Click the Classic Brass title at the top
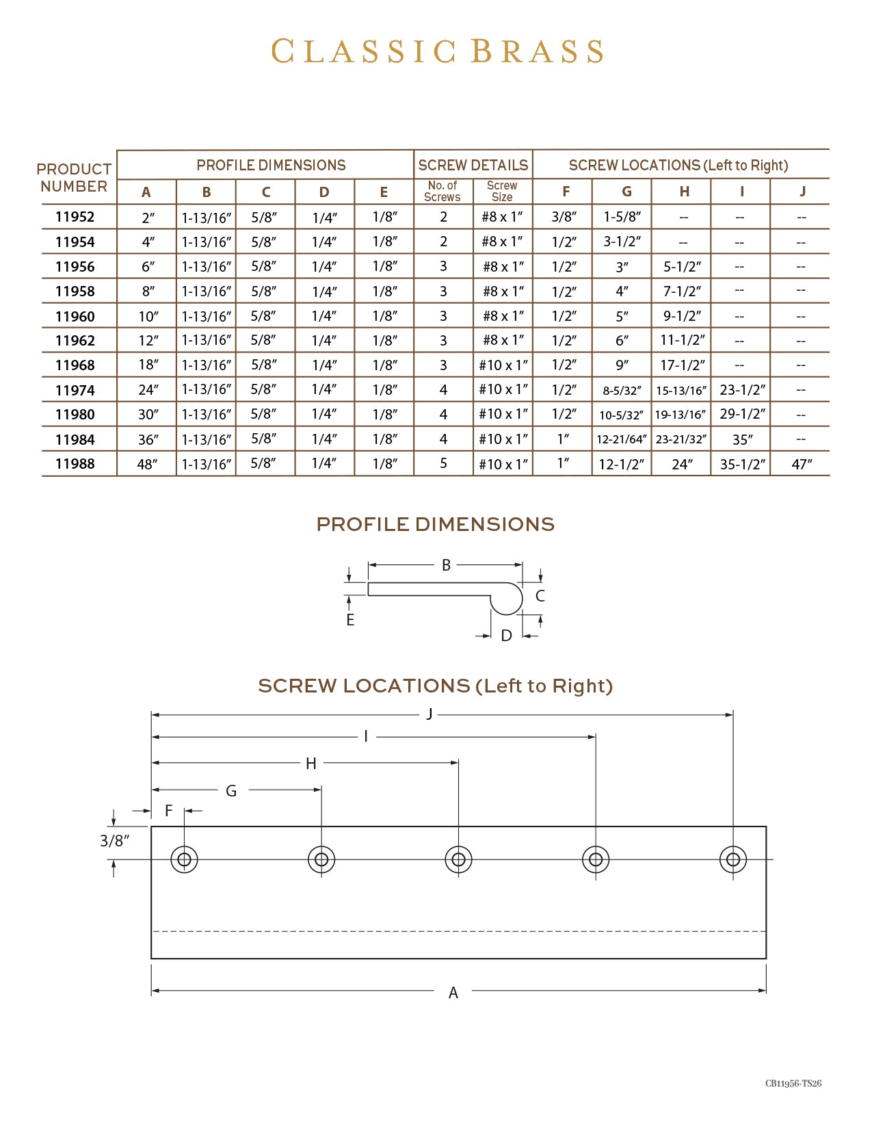coord(437,52)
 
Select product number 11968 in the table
coord(75,365)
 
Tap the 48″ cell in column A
coord(147,464)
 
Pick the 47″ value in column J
coord(802,464)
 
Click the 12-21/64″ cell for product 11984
coord(621,439)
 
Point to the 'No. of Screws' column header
coord(442,191)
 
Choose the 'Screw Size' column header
coord(502,191)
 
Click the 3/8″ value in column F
coord(564,217)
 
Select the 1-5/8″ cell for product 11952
coord(622,217)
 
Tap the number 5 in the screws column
coord(443,463)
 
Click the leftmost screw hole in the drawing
coord(184,859)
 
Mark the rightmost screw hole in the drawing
coord(733,859)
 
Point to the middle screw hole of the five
coord(458,859)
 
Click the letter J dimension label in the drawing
coord(430,714)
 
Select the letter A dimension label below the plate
coord(453,993)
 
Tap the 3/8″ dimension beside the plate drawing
coord(114,840)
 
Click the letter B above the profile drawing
coord(446,565)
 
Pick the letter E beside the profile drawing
coord(350,620)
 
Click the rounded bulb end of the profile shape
coord(507,599)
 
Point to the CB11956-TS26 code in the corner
coord(793,1083)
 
